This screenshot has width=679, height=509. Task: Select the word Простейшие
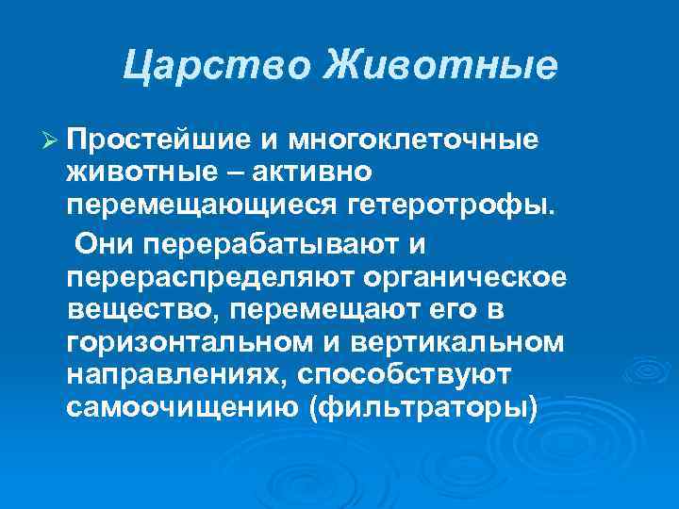point(161,140)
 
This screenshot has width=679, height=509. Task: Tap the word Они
point(109,244)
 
